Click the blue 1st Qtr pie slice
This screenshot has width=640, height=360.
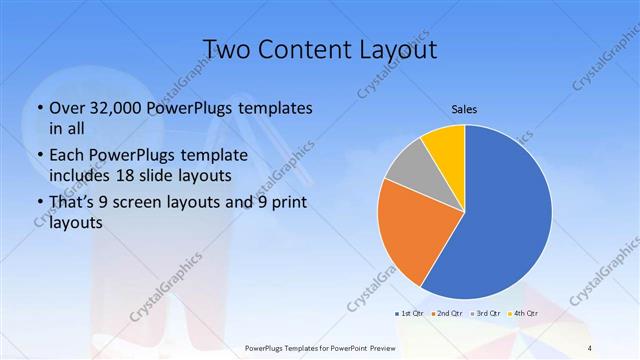pyautogui.click(x=510, y=220)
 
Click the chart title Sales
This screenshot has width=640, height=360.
pyautogui.click(x=464, y=107)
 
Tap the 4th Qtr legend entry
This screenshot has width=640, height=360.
pyautogui.click(x=523, y=314)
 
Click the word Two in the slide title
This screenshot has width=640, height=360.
pyautogui.click(x=226, y=50)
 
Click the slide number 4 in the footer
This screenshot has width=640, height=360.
pyautogui.click(x=590, y=348)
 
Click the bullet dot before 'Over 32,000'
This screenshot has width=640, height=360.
pyautogui.click(x=39, y=108)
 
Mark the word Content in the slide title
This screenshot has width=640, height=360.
pyautogui.click(x=303, y=50)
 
